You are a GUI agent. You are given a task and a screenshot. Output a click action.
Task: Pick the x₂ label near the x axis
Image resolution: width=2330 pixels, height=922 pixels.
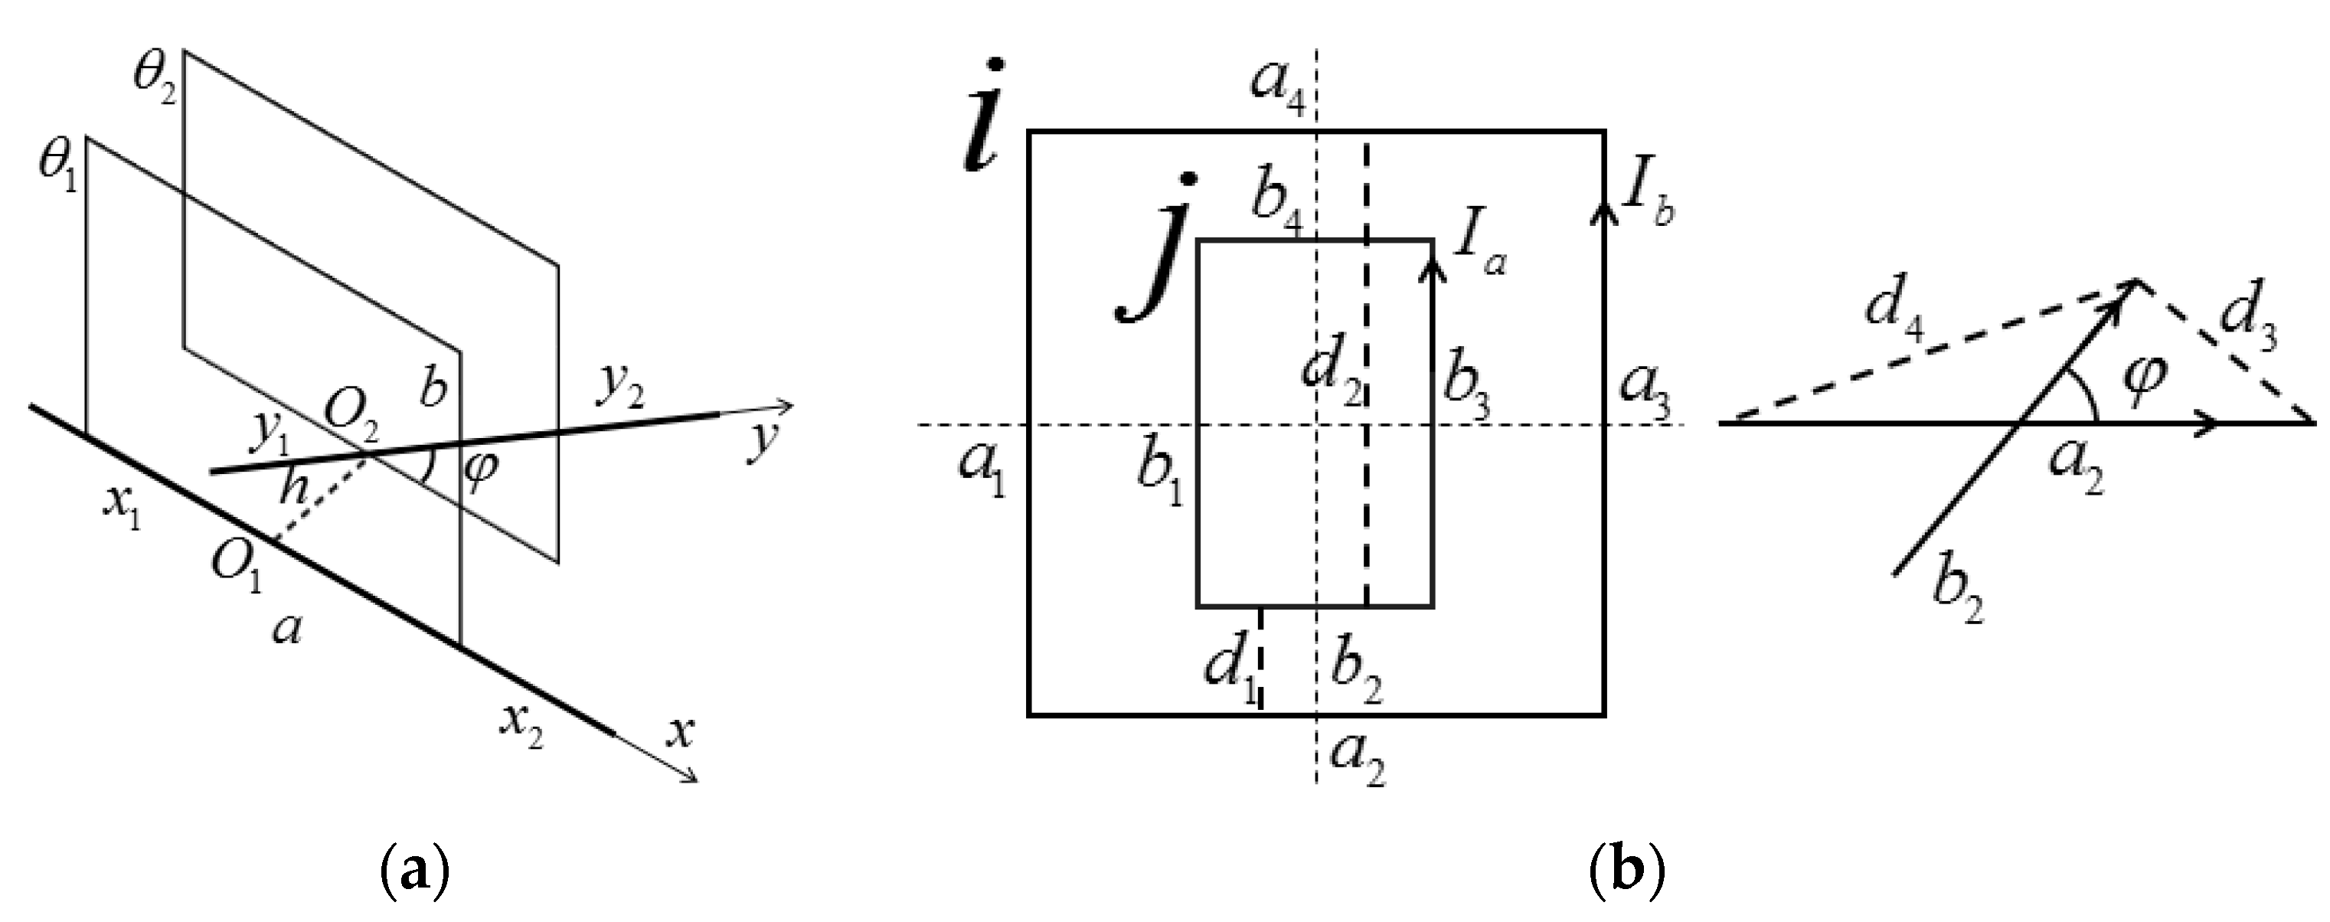click(523, 724)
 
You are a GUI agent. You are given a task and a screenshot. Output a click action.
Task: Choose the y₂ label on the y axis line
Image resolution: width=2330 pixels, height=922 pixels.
click(619, 390)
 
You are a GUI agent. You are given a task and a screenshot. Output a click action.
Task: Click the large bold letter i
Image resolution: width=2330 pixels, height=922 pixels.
click(982, 118)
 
